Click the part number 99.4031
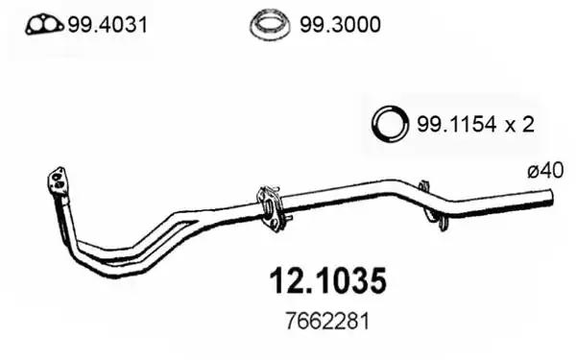click(108, 25)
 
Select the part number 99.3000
click(340, 25)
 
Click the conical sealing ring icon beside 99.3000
click(270, 25)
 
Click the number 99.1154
click(457, 124)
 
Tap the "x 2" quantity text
click(519, 124)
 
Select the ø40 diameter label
click(545, 171)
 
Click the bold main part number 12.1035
click(328, 281)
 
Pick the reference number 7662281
click(327, 322)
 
